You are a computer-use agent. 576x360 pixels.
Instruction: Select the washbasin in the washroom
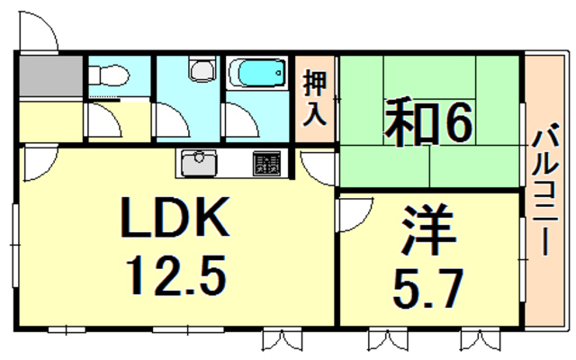click(x=200, y=69)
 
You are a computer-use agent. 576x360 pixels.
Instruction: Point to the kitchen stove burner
click(x=266, y=164)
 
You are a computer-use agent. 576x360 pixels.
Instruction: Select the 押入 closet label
click(x=315, y=99)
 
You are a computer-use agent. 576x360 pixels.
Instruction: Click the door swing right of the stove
click(x=315, y=166)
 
